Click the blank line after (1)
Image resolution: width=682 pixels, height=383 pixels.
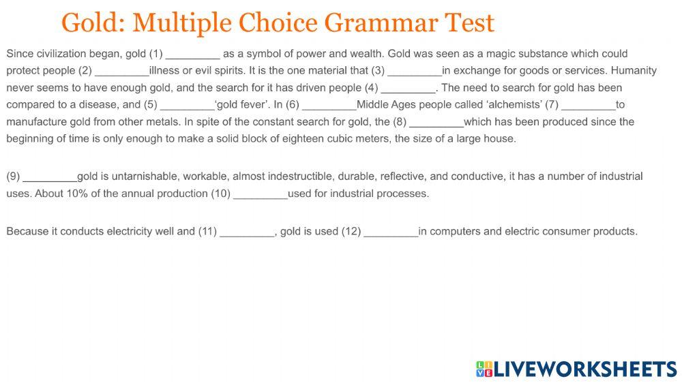[193, 55]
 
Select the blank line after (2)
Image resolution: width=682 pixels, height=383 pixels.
[121, 72]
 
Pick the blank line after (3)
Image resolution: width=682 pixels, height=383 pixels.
[415, 72]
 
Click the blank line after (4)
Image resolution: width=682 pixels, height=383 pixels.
[408, 89]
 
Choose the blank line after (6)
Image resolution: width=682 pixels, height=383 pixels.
[329, 106]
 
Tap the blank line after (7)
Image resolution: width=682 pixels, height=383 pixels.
[589, 106]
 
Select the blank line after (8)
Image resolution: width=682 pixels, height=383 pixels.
[436, 123]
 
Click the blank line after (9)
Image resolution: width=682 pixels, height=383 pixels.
[50, 177]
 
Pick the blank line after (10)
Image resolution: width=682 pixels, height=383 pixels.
[261, 194]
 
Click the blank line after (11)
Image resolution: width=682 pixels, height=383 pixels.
[247, 232]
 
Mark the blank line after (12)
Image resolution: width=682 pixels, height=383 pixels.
[391, 232]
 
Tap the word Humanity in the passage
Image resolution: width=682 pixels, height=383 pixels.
[634, 70]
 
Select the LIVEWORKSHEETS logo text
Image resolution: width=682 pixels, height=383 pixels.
[585, 369]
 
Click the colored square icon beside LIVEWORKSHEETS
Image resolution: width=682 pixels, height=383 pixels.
[484, 369]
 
